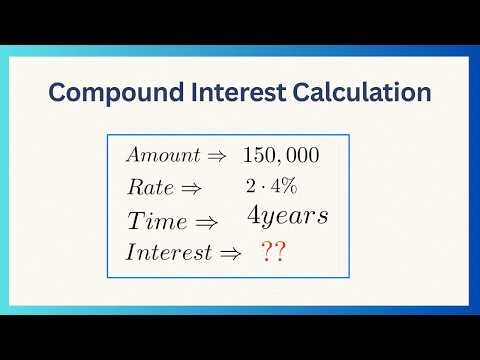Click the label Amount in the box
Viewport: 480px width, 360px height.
coord(161,156)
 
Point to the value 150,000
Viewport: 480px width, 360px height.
coord(281,157)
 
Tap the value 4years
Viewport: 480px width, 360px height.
coord(288,216)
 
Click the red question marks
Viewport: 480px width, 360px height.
coord(272,252)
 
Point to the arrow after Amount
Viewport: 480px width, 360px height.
coord(216,157)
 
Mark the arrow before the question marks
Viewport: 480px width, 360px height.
coord(231,253)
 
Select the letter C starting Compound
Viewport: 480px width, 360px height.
coord(60,93)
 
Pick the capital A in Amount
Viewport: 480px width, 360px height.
coord(132,156)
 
